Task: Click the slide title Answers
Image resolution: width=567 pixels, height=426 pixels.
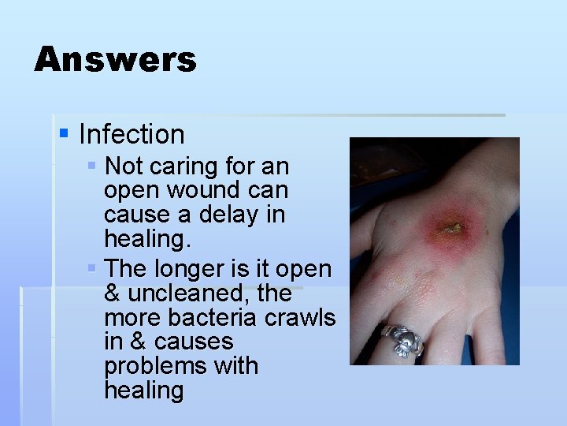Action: coord(115,60)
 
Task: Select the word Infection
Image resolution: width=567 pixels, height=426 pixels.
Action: coord(132,135)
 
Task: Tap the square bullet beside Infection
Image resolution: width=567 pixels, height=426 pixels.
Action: coord(64,133)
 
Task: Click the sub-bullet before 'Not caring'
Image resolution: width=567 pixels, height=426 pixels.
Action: coord(92,166)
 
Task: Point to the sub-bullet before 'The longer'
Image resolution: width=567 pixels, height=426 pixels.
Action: coord(92,268)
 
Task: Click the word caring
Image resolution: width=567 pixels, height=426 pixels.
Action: coord(176,167)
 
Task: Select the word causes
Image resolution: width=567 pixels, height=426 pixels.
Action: coord(194,342)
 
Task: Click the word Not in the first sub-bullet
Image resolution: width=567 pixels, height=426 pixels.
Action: coord(123,166)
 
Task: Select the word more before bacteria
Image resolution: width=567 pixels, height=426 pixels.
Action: coord(130,318)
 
